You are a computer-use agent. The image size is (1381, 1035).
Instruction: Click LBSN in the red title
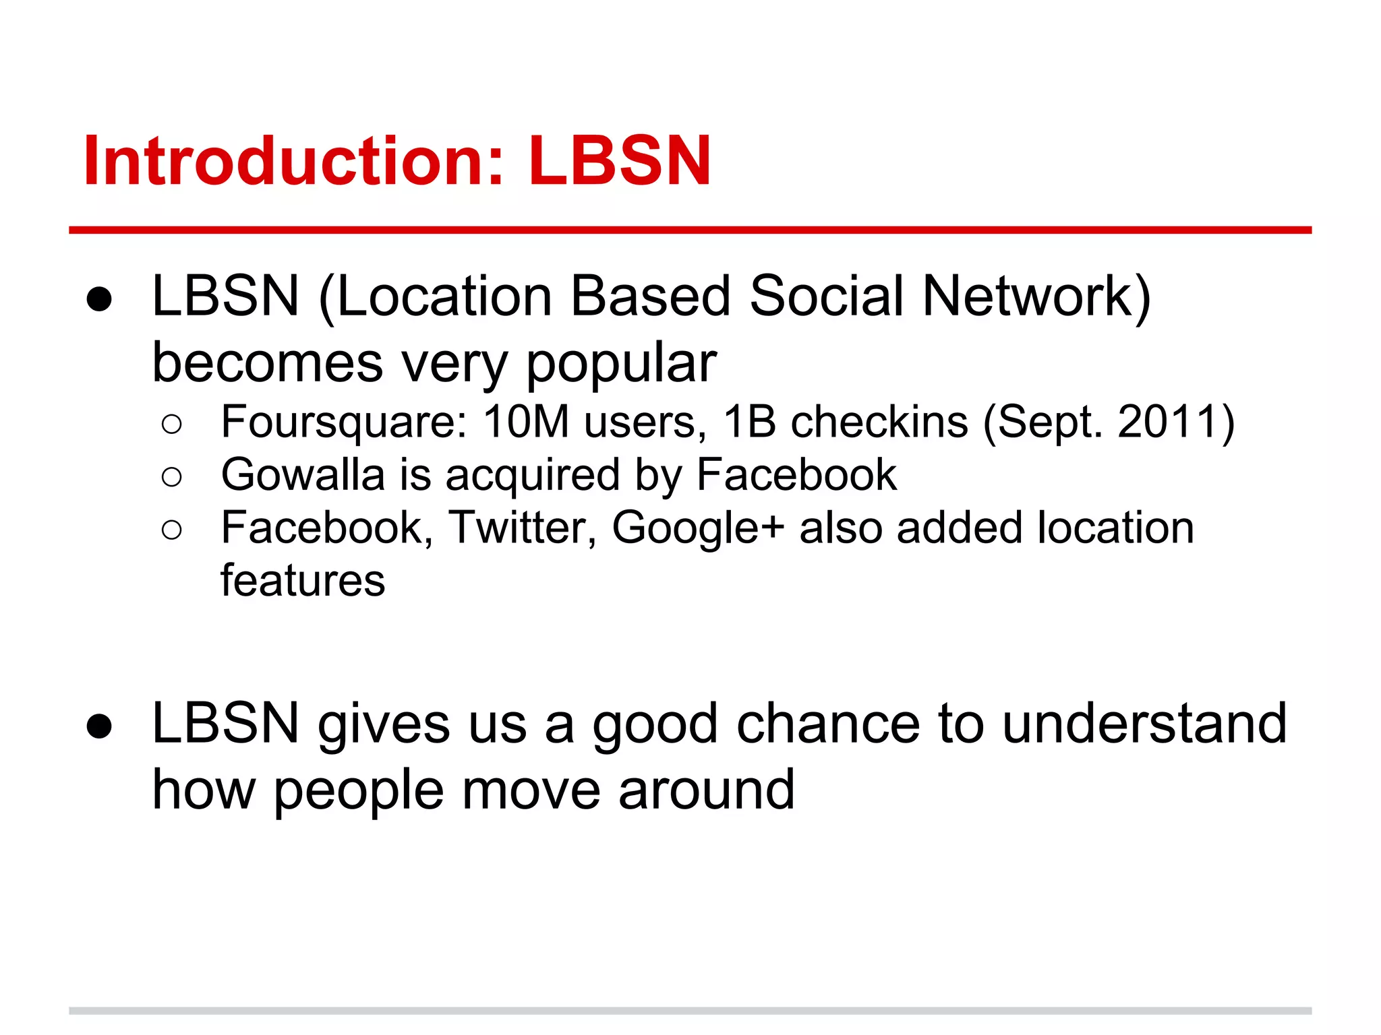(619, 162)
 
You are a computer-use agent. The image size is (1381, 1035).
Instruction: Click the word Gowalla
(303, 475)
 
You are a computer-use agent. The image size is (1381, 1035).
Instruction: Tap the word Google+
(698, 529)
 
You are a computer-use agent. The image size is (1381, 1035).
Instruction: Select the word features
(303, 581)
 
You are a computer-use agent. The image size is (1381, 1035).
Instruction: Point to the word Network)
(1036, 296)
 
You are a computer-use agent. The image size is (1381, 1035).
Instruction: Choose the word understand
(1144, 724)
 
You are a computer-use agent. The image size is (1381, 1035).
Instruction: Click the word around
(706, 790)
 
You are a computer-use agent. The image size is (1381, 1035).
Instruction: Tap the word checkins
(879, 422)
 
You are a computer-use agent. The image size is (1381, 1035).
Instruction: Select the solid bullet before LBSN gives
(99, 726)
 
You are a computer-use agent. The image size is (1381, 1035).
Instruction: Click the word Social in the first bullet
(827, 296)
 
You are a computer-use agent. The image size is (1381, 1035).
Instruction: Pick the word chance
(828, 724)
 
